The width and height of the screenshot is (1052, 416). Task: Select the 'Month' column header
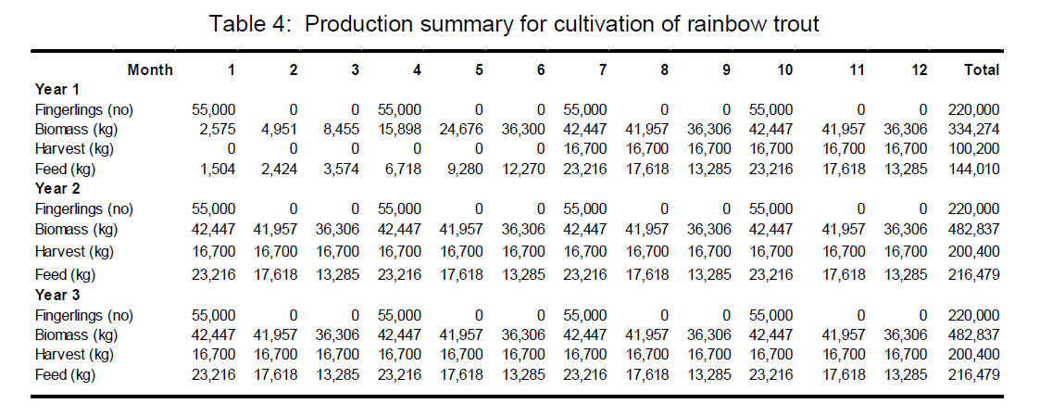(150, 69)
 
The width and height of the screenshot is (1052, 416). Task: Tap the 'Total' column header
(982, 69)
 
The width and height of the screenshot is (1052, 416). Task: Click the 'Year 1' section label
(57, 89)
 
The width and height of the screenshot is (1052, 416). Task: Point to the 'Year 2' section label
(57, 188)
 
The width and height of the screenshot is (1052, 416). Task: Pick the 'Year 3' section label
(57, 295)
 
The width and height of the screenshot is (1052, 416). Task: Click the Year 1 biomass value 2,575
(217, 129)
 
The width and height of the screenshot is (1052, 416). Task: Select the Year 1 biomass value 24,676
(461, 129)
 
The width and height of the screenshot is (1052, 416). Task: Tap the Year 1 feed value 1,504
(218, 169)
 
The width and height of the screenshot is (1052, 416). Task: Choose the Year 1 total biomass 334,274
(973, 129)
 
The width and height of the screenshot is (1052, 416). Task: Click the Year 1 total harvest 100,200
(973, 149)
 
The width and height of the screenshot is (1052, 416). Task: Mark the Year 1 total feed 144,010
(973, 169)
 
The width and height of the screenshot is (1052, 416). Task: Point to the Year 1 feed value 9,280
(465, 169)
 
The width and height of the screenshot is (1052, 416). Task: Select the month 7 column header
(603, 69)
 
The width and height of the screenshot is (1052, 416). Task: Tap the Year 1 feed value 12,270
(523, 169)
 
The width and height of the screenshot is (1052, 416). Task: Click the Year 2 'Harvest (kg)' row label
(74, 252)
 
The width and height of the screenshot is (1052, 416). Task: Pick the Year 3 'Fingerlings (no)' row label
(84, 315)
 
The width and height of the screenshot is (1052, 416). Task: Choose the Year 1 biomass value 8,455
(341, 129)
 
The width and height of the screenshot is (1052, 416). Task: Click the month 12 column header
(919, 69)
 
